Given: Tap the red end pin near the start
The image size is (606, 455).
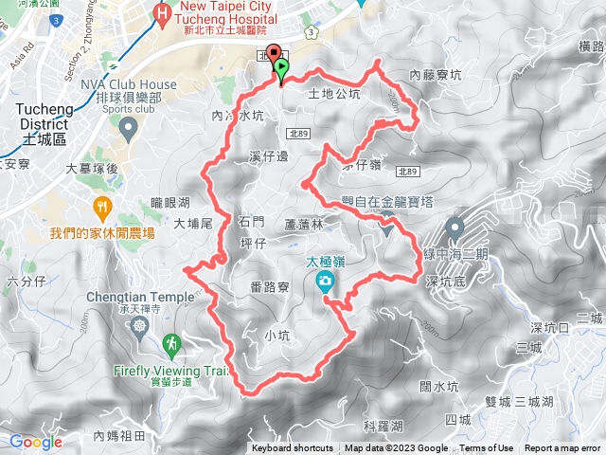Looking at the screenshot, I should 275,54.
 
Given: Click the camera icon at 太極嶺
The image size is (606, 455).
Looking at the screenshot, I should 325,281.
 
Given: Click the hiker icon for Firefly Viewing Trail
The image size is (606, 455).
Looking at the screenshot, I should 171,343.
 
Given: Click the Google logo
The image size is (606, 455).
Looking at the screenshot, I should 36,442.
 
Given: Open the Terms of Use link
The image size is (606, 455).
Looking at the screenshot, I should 487,448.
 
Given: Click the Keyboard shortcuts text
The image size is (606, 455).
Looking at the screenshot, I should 292,448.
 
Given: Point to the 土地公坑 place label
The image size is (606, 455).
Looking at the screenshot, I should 334,94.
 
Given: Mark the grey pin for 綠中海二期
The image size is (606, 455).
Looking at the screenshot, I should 454,228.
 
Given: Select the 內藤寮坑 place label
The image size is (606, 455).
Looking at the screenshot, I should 436,73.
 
